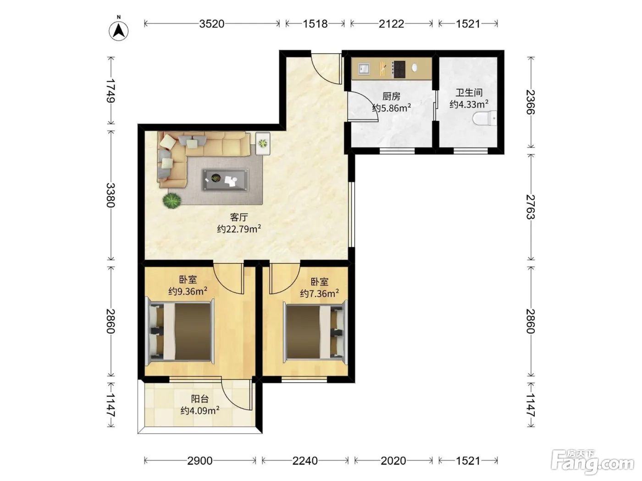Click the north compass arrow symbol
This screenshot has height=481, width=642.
[x=118, y=31]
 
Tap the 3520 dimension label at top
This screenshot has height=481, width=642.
[x=212, y=24]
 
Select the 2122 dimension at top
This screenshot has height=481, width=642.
[x=391, y=24]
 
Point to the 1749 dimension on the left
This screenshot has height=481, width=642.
[x=111, y=91]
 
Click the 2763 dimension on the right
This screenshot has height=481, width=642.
[x=531, y=207]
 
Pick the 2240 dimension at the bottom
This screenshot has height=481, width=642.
[x=305, y=461]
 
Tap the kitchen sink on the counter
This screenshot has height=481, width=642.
[x=364, y=69]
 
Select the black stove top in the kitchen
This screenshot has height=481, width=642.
[x=399, y=70]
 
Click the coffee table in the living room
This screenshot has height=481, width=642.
[x=226, y=180]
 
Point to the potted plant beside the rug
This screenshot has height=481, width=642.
[x=172, y=200]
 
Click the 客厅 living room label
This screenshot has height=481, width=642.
[x=239, y=217]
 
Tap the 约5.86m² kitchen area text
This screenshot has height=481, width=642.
[x=391, y=108]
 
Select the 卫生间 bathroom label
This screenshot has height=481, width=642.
[x=469, y=93]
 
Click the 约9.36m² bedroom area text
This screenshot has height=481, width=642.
[x=188, y=291]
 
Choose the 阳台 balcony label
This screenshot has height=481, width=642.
[x=200, y=399]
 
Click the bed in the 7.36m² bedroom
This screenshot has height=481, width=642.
[x=315, y=332]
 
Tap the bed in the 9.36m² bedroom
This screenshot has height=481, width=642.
[x=180, y=331]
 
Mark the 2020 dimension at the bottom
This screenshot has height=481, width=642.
[x=393, y=461]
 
